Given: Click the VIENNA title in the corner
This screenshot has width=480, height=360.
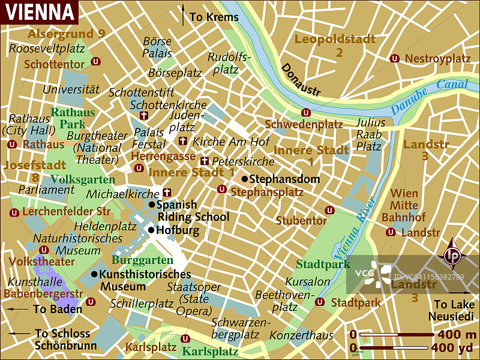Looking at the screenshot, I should point(38,11).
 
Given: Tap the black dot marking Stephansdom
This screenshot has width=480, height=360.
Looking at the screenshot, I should point(245,179).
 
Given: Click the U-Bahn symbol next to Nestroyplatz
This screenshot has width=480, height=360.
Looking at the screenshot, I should point(395,58).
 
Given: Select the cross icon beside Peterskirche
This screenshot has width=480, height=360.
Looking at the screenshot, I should point(205,161).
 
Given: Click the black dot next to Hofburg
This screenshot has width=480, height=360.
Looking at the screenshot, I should point(151,230).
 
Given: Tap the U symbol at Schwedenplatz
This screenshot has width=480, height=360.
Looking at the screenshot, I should point(305,112).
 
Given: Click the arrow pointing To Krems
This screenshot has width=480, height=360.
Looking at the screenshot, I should point(184,16).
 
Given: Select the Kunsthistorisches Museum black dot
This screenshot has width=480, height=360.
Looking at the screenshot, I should point(94,274).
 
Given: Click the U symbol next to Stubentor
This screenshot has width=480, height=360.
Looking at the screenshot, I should point(329,210).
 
